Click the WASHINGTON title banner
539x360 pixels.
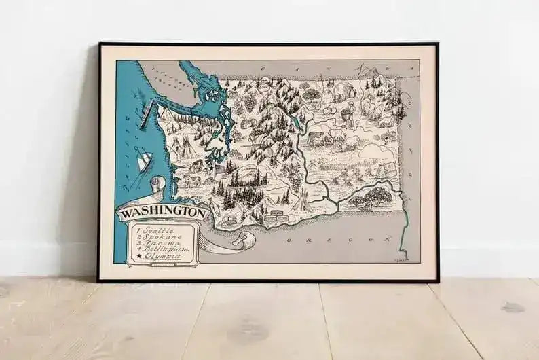(x=162, y=213)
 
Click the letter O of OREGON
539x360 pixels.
(x=289, y=240)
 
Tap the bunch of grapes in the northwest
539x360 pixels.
(x=250, y=103)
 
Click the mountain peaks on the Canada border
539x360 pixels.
(x=371, y=71)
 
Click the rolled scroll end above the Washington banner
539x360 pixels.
(x=157, y=185)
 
